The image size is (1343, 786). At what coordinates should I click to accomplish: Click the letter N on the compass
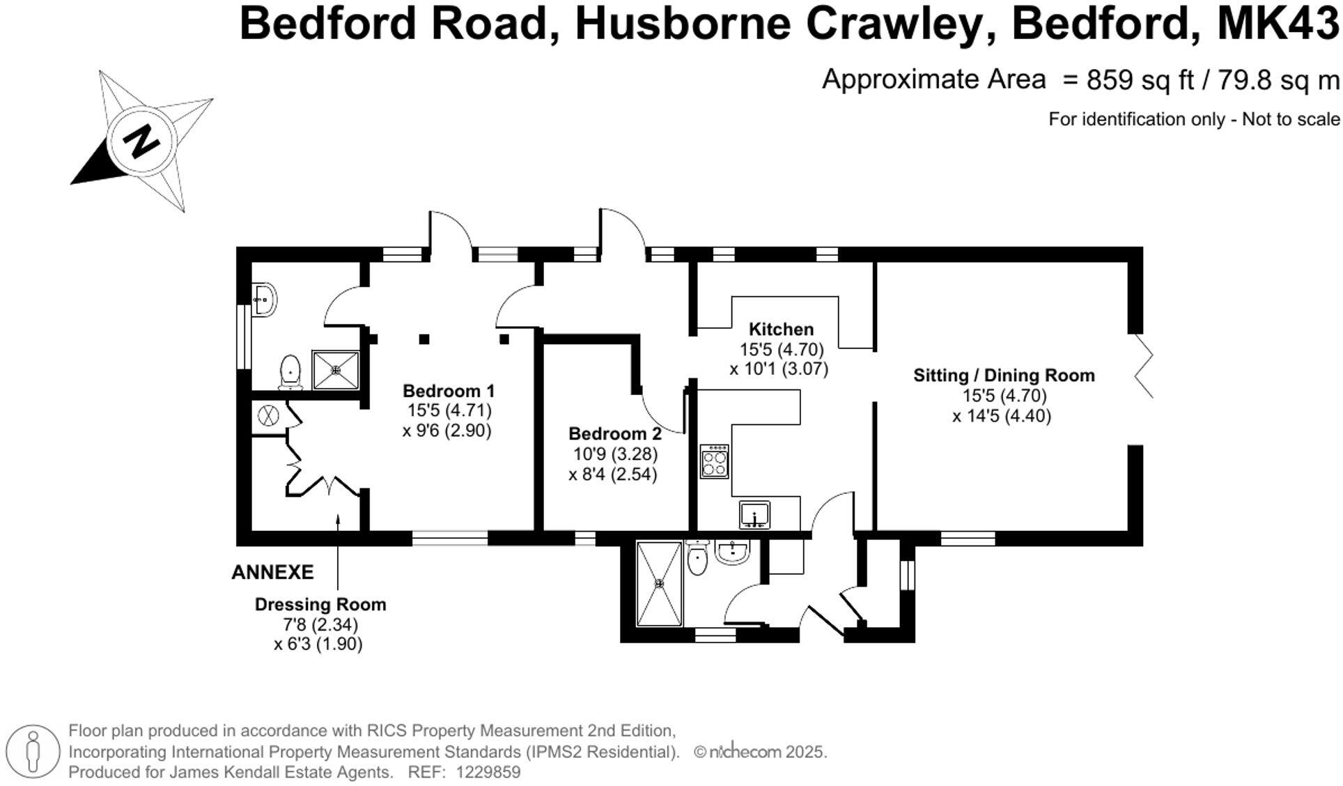point(141,141)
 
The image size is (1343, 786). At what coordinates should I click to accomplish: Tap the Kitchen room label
point(781,329)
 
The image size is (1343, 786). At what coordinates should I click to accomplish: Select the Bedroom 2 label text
point(615,433)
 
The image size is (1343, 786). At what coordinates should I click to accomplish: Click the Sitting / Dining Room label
point(1004,376)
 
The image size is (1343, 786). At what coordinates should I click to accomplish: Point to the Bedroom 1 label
point(449,390)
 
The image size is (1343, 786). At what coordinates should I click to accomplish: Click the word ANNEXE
point(272,572)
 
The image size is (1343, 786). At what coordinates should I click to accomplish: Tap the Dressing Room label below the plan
point(320,604)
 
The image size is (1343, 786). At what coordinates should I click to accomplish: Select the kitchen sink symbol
point(754,515)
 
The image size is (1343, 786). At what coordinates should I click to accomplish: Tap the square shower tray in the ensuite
point(336,369)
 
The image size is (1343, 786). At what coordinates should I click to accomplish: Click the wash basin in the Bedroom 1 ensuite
point(264,300)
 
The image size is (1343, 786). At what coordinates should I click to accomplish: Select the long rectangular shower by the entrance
point(659,584)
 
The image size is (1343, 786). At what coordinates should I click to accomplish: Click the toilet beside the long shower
point(697,559)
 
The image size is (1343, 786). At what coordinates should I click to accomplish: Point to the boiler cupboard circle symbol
point(268,416)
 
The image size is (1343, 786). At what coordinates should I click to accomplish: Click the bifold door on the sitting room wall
point(1144,366)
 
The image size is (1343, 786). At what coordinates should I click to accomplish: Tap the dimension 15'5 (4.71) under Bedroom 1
point(449,410)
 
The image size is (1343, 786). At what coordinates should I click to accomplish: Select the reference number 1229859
point(488,772)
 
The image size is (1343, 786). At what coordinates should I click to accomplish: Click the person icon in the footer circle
point(32,751)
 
